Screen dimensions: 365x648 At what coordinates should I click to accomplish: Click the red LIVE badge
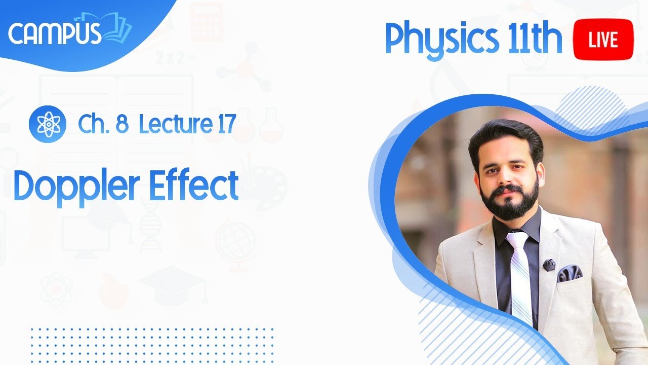[603, 40]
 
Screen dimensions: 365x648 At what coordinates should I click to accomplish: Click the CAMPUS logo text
[55, 33]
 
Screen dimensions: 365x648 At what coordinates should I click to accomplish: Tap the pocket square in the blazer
[570, 274]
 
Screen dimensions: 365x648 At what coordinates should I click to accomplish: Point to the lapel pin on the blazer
[549, 264]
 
